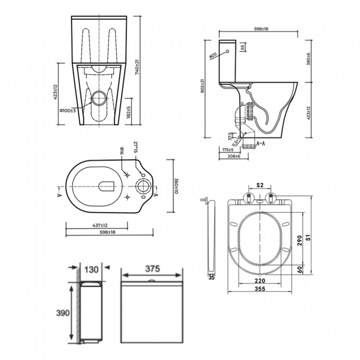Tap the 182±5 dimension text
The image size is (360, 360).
click(128, 114)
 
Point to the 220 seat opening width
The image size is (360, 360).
click(259, 280)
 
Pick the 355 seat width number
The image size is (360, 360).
click(259, 289)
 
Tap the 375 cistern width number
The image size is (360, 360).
click(152, 269)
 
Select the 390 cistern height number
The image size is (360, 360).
click(63, 313)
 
